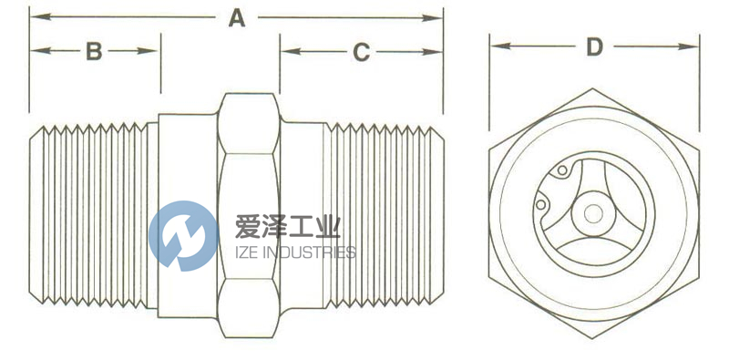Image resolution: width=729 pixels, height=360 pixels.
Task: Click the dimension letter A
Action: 237,17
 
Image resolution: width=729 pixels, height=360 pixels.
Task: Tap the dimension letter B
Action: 94,51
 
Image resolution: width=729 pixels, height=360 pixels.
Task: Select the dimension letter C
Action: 362,53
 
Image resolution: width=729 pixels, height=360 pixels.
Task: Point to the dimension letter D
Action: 594,46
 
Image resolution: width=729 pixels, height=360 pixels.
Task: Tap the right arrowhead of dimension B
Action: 155,51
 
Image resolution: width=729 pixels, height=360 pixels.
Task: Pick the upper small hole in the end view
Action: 562,170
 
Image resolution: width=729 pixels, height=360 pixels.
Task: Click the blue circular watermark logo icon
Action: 183,235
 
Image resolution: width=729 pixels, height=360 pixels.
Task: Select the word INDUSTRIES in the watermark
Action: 310,252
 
